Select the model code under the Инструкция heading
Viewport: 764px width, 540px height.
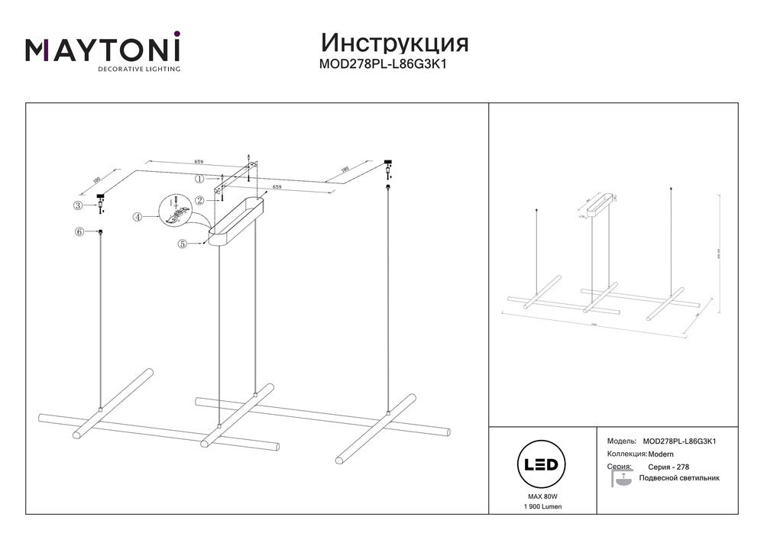381,65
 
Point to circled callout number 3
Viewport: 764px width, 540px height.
78,205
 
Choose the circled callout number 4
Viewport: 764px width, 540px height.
138,217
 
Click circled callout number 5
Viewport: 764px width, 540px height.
183,244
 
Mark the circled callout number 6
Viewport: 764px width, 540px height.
78,231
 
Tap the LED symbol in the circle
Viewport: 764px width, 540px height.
541,464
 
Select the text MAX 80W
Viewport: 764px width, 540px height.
541,496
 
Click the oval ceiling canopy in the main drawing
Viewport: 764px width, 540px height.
236,221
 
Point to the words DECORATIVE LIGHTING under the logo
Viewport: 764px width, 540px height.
138,69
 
